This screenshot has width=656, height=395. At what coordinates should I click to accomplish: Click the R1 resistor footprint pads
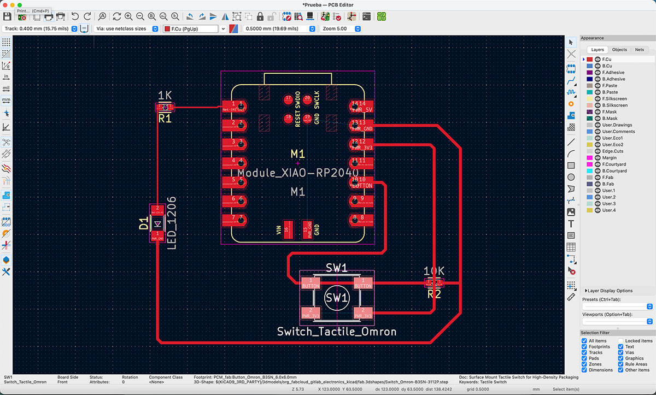coord(165,107)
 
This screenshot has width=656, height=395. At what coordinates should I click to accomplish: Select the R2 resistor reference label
coord(434,294)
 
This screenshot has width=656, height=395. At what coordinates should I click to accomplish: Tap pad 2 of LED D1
coord(157,210)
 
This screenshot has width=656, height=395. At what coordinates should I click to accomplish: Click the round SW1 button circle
coord(336,298)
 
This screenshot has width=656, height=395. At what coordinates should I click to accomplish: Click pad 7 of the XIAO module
coord(236,220)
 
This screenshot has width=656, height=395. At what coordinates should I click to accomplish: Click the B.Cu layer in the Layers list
coord(607,66)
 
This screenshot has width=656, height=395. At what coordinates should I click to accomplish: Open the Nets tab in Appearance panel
coord(639,50)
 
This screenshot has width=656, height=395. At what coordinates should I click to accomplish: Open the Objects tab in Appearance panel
coord(619,50)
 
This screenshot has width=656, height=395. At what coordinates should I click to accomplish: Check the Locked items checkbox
coord(621,341)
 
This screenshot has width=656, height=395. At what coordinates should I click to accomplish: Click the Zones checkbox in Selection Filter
coord(584,364)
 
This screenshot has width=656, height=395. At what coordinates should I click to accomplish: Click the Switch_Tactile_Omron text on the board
coord(336,332)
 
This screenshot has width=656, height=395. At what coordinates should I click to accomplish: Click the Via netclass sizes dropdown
coord(126,28)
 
